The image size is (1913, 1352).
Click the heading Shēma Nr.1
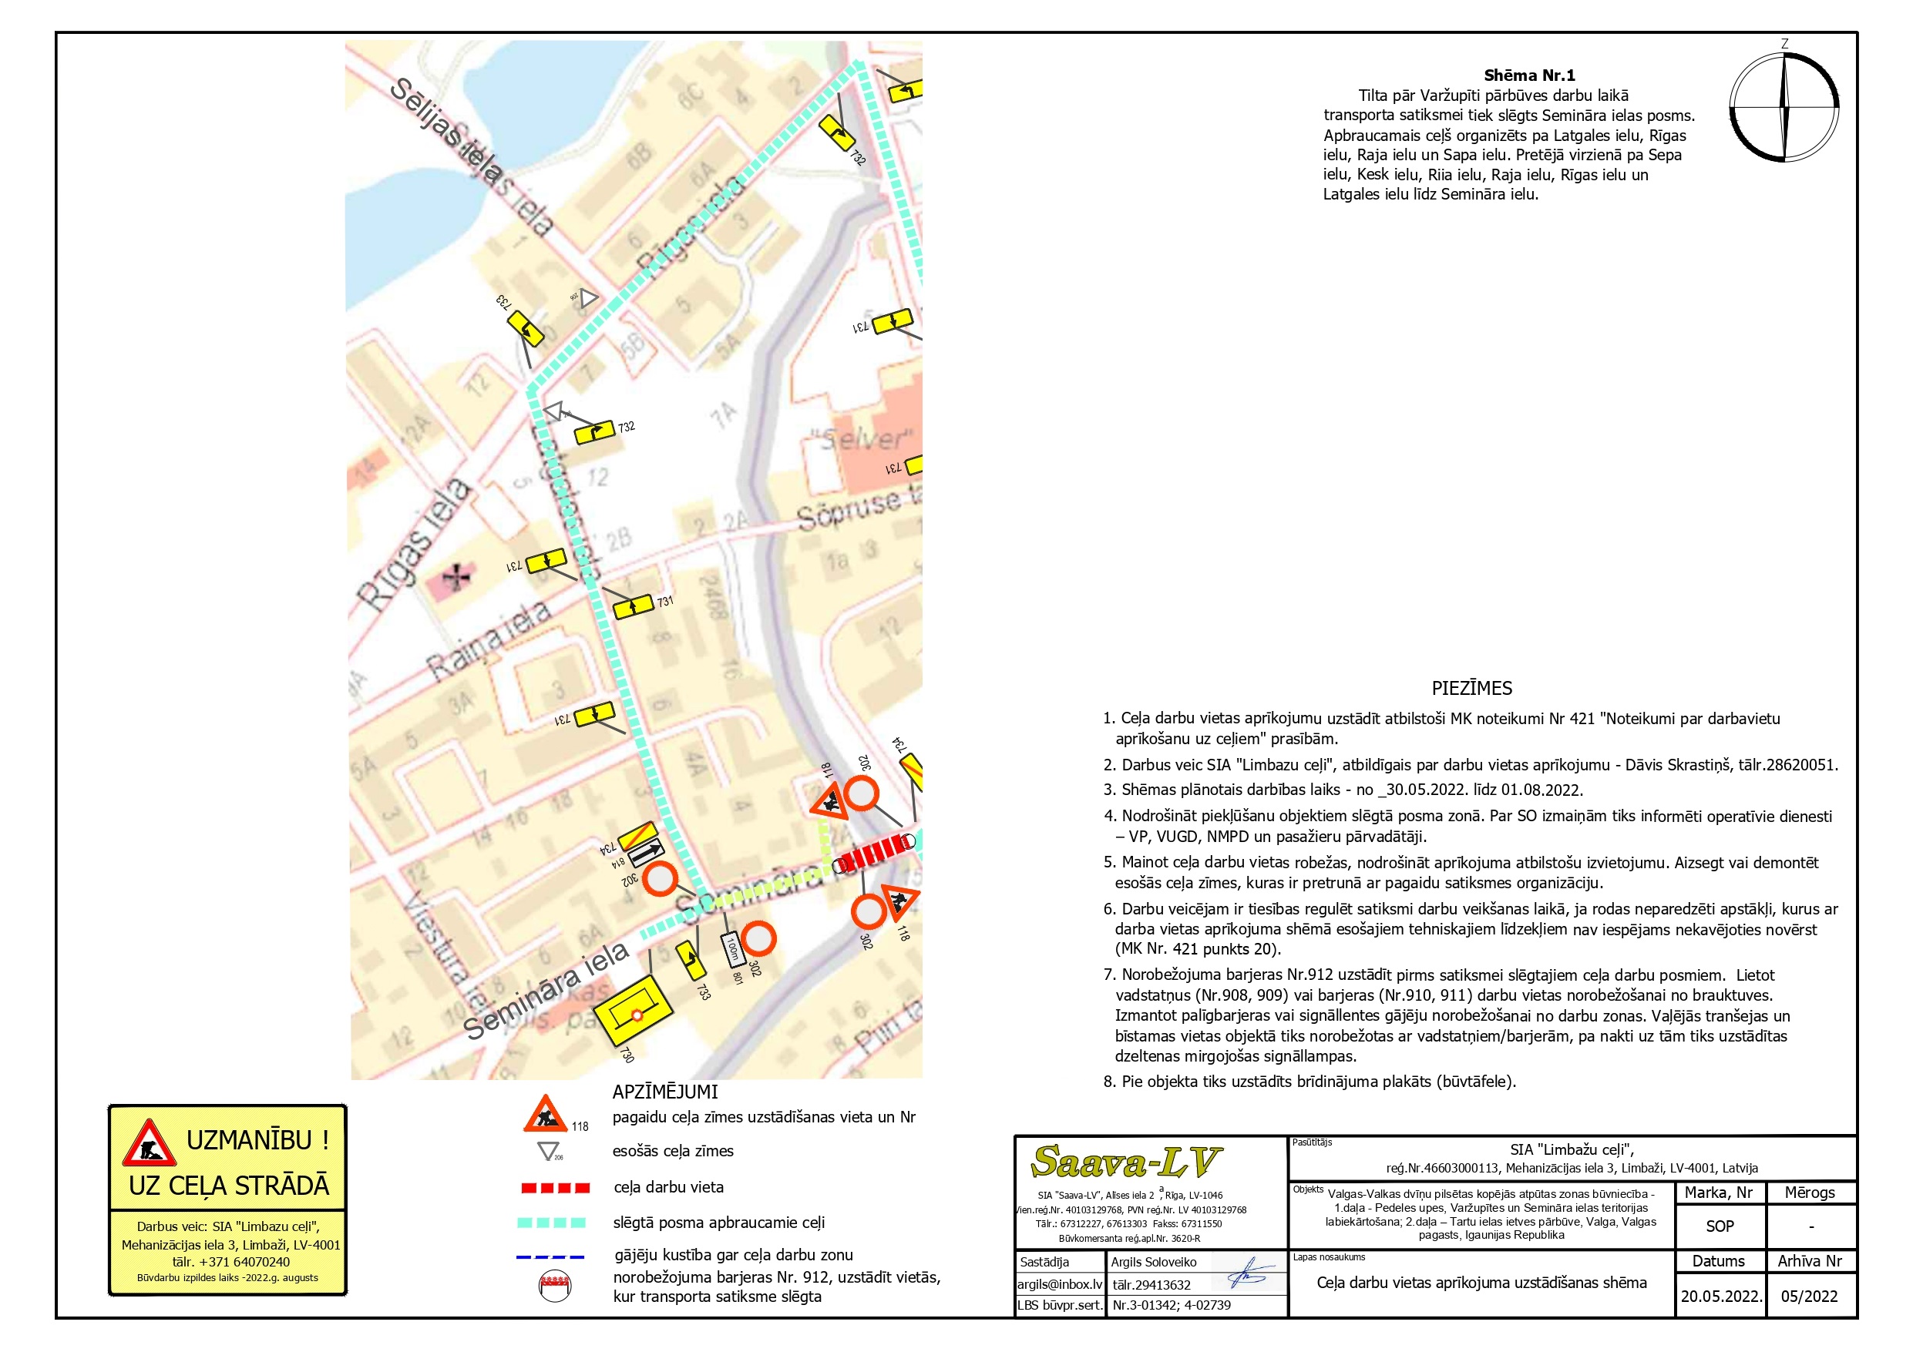point(1529,75)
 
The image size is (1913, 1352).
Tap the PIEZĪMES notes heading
point(1471,688)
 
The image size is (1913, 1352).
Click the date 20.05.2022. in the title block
point(1720,1297)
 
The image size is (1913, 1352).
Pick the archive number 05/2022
point(1809,1297)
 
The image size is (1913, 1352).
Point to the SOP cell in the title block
point(1720,1226)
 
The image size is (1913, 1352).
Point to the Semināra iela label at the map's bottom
point(546,991)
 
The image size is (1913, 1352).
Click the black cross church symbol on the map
point(456,575)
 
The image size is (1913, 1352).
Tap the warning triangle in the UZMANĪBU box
point(150,1144)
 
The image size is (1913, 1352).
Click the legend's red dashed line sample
point(554,1188)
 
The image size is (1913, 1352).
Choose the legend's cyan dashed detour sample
point(552,1223)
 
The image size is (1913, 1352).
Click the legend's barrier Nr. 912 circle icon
point(555,1285)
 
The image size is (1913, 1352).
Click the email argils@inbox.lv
point(1060,1284)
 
